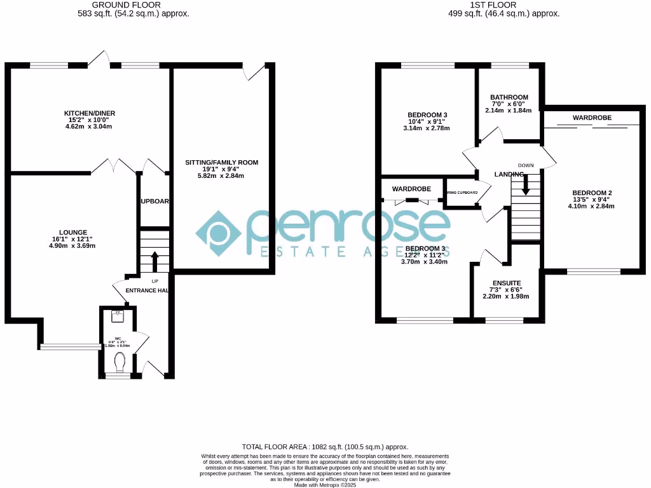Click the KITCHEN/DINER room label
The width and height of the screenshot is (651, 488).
(x=93, y=114)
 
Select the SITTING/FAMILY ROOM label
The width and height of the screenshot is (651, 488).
(x=222, y=163)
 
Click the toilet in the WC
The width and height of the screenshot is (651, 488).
(x=119, y=362)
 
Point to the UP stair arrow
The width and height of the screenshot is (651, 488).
(x=154, y=261)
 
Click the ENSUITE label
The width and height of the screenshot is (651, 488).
(x=507, y=283)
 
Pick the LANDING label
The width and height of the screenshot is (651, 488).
(x=510, y=174)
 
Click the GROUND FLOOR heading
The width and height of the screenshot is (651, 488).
(x=126, y=4)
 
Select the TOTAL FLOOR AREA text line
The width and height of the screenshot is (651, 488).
(x=325, y=447)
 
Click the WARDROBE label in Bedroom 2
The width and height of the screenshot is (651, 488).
(x=592, y=118)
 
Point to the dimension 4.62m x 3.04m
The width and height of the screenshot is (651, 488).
(x=93, y=126)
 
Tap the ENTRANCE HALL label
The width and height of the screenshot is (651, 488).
(x=146, y=290)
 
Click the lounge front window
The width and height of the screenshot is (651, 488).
(x=71, y=346)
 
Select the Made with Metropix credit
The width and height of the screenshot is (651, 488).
(x=325, y=485)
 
